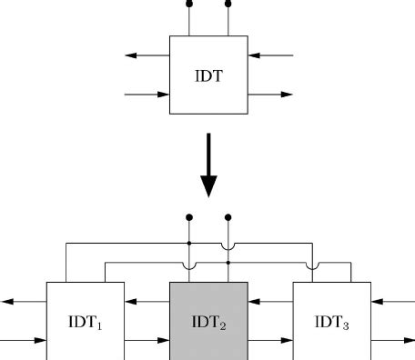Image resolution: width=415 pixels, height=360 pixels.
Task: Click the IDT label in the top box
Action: [x=208, y=75]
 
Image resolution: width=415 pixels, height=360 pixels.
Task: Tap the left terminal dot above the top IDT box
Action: [x=189, y=4]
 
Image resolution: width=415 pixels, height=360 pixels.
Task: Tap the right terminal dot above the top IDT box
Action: [x=228, y=4]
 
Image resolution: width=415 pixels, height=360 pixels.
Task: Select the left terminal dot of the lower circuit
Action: [x=189, y=217]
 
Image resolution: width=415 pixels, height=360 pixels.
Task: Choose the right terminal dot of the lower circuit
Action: [x=228, y=217]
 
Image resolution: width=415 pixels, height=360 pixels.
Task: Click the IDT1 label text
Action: [x=86, y=321]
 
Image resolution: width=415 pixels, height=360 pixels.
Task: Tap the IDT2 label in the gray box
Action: [x=208, y=321]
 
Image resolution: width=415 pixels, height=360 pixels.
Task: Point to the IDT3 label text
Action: [x=331, y=321]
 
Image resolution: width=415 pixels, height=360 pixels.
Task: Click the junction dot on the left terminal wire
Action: [x=189, y=244]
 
